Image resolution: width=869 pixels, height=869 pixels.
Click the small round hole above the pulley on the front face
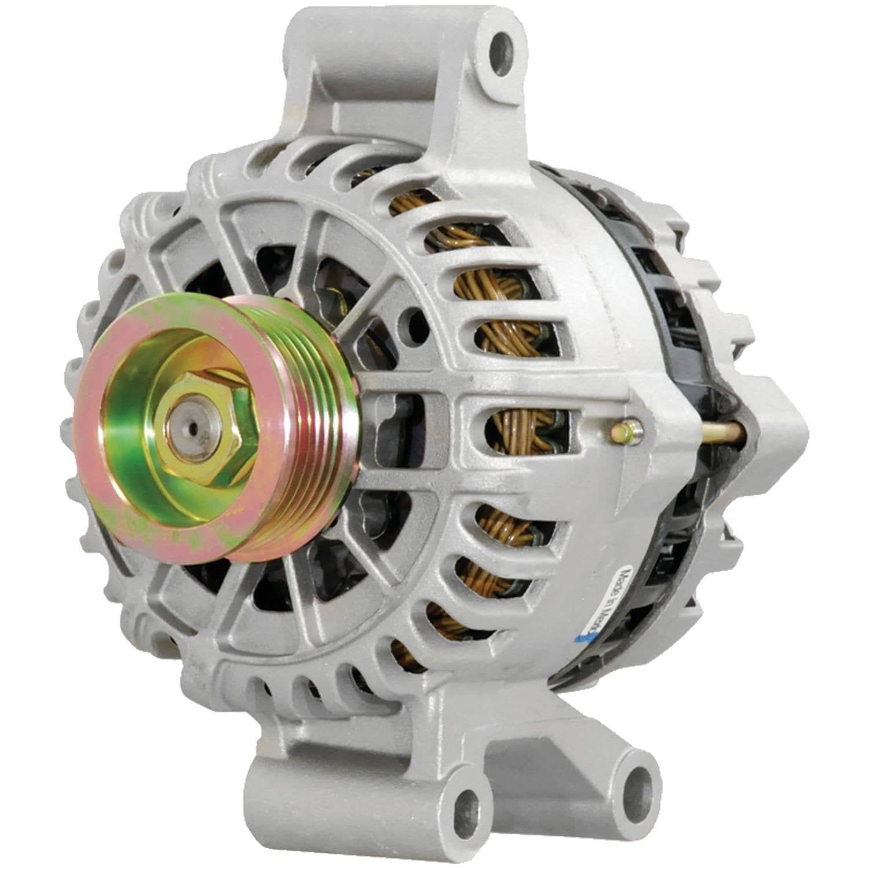coord(414,317)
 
